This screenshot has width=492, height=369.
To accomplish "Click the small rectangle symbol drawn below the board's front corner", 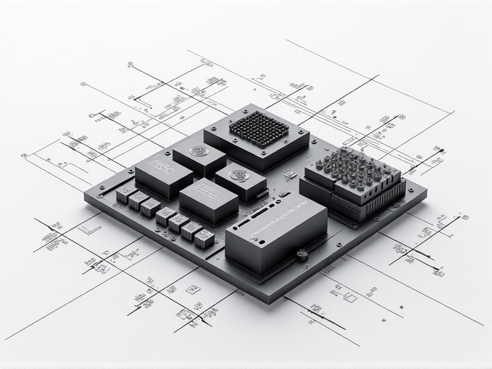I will pyautogui.click(x=351, y=298).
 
